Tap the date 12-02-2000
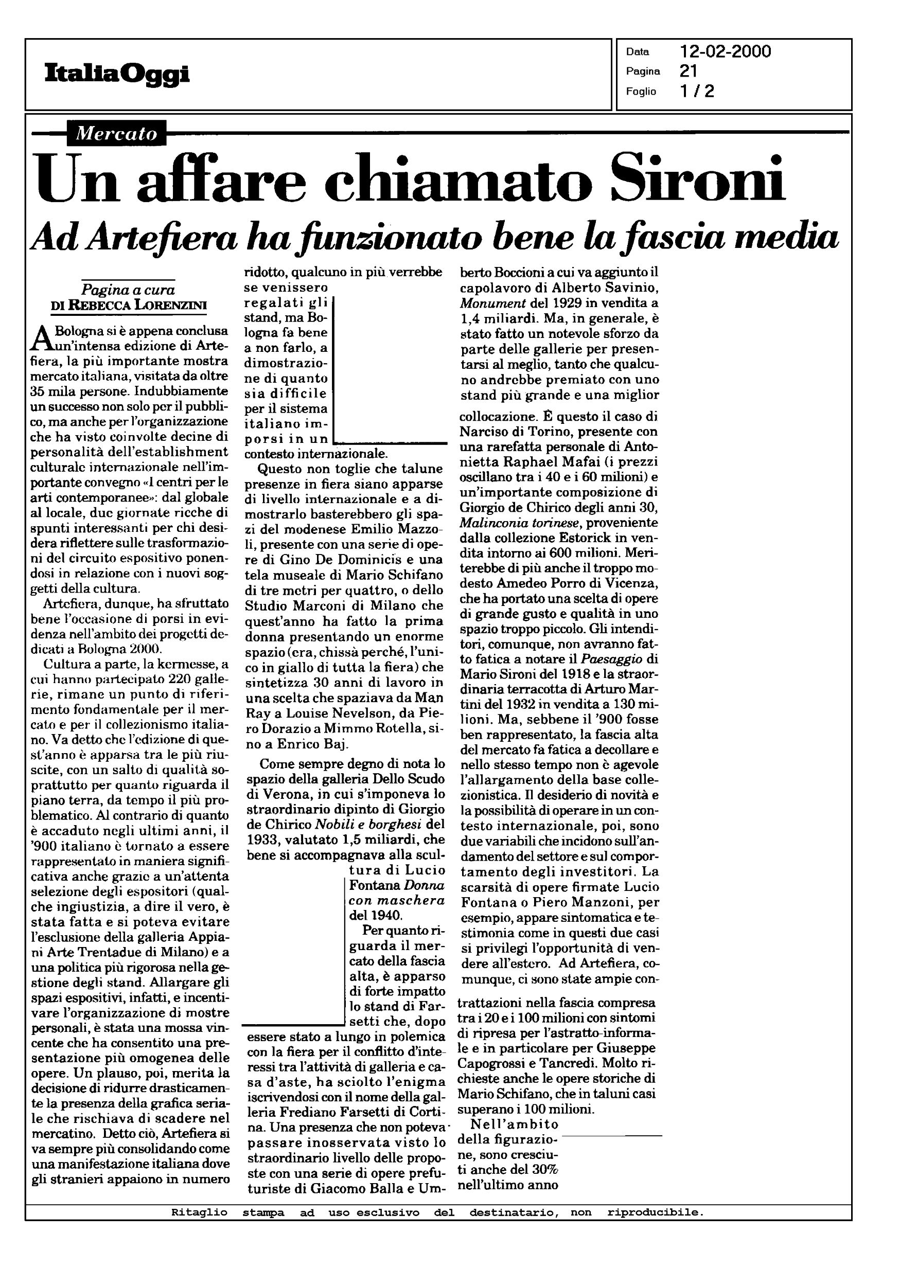tap(725, 52)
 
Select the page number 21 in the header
tap(689, 71)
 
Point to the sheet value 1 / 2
tap(697, 91)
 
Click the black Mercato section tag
tap(116, 133)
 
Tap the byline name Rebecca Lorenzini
tap(138, 305)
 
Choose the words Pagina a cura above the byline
tap(128, 290)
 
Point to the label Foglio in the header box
tap(641, 92)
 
